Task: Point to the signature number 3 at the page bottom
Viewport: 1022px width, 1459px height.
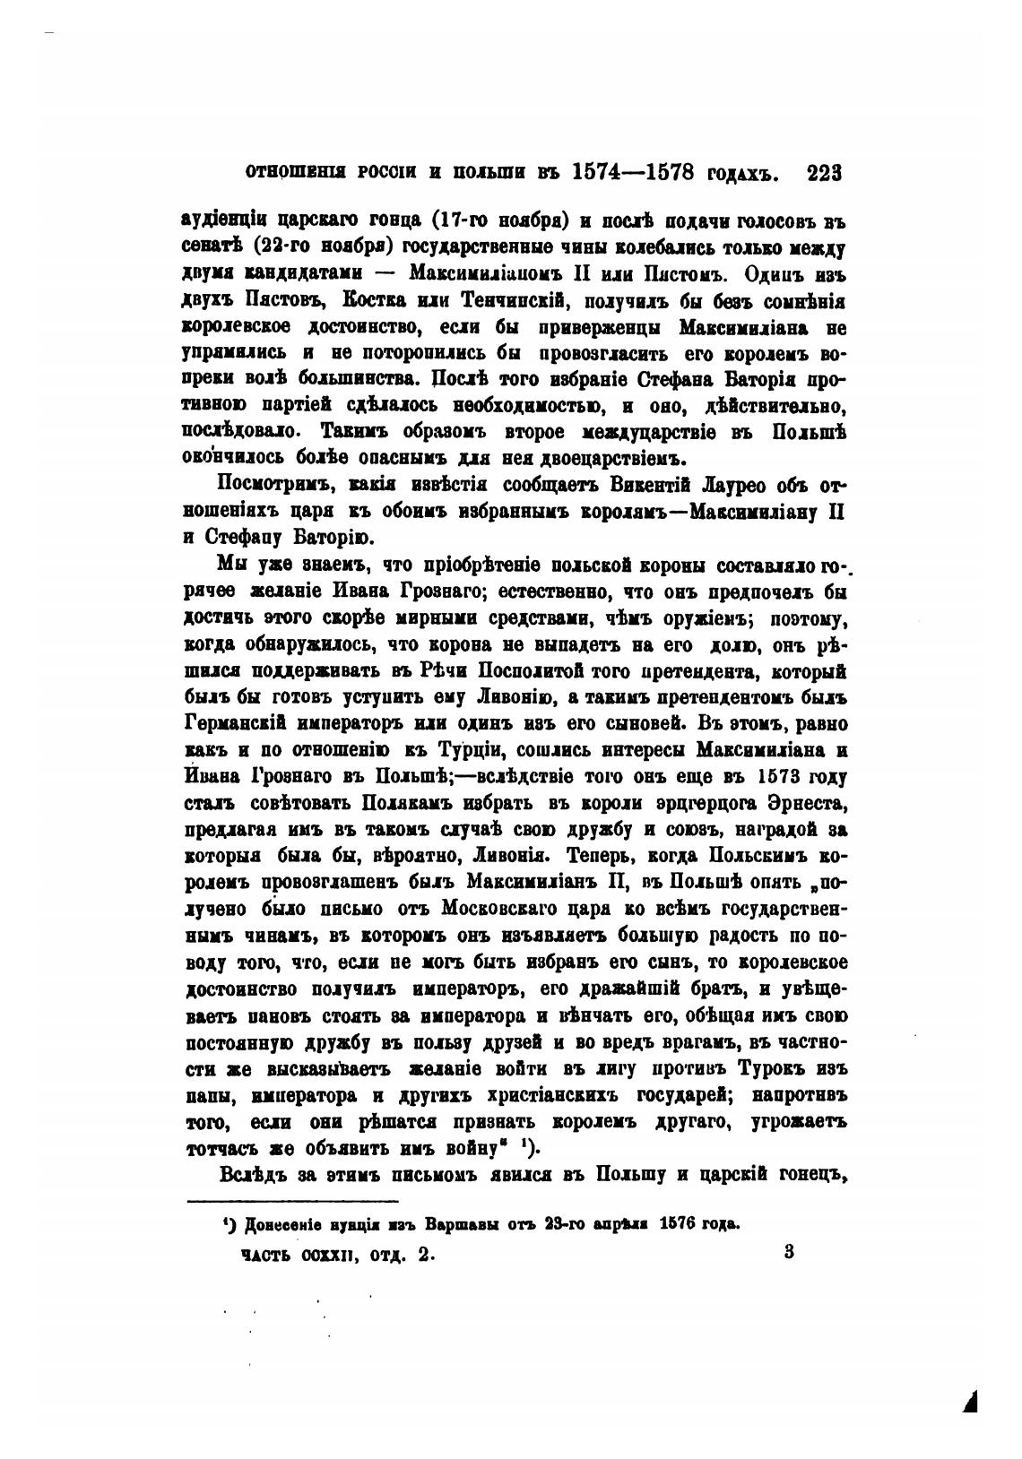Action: point(788,1254)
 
